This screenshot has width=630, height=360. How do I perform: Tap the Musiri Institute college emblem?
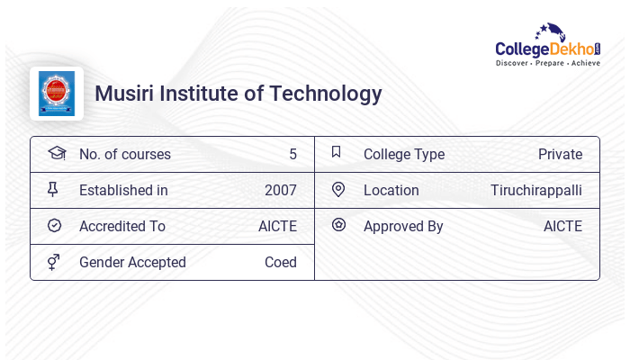(57, 94)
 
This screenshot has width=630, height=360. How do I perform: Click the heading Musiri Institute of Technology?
(238, 94)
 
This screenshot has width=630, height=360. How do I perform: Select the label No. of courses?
(125, 154)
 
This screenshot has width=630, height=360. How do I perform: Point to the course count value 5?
(292, 154)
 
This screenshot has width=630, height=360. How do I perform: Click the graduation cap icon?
(56, 153)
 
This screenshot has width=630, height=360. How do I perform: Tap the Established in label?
(123, 190)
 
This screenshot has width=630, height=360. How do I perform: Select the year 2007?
(280, 190)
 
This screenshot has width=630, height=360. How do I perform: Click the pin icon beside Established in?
(53, 189)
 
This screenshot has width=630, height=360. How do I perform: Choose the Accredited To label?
(122, 226)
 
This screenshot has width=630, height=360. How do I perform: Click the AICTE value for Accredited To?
(277, 226)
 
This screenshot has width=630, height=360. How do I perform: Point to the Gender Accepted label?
(132, 262)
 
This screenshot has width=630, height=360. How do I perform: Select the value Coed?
(280, 262)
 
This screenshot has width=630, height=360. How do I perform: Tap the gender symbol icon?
(54, 262)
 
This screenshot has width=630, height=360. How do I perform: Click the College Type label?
(404, 154)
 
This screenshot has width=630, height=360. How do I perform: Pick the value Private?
(560, 154)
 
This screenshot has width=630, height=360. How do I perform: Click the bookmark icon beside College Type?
(337, 152)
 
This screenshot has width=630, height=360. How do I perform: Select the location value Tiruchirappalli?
(536, 190)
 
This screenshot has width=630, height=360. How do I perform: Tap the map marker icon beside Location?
(338, 189)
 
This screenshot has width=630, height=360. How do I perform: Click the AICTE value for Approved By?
(562, 226)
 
